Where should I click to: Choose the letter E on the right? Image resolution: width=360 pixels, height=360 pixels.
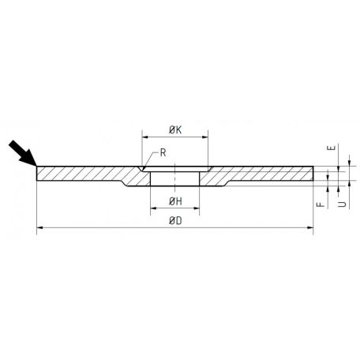pyautogui.click(x=332, y=148)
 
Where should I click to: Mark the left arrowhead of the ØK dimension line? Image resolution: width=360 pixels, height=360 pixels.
pyautogui.click(x=145, y=138)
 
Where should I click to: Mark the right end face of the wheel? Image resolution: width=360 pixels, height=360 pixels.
pyautogui.click(x=313, y=173)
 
